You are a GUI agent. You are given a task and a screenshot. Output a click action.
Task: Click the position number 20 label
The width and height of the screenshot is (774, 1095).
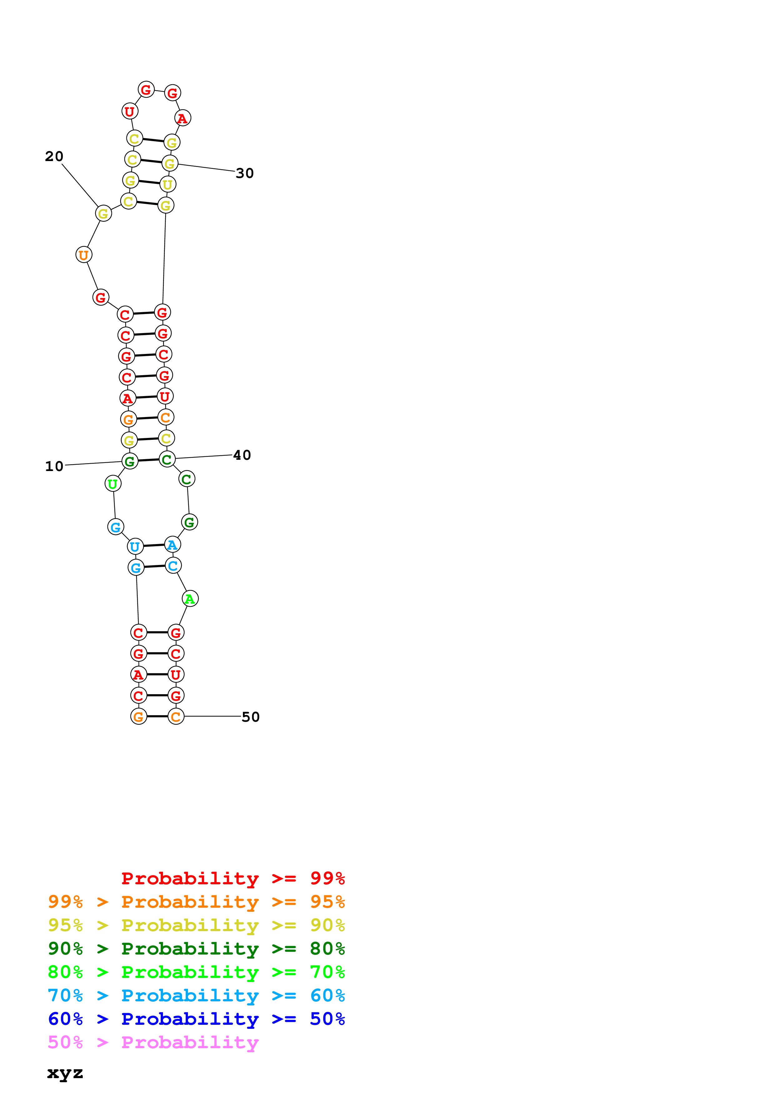click(54, 156)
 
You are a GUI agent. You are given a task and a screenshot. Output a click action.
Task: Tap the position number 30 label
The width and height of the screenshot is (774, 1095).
click(245, 173)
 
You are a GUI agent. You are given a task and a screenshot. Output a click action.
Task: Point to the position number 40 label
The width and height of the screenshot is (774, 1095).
click(242, 455)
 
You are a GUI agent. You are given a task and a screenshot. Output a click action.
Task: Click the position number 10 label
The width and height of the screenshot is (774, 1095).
click(54, 466)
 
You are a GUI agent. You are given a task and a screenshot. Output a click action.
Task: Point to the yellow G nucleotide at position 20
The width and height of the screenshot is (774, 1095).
click(103, 213)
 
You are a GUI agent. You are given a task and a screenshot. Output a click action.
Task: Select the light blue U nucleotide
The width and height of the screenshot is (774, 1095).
click(136, 547)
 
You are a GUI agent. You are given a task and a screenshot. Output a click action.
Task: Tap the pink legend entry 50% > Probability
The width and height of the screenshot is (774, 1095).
click(153, 1043)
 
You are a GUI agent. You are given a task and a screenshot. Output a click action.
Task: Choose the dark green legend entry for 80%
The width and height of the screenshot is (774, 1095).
click(196, 949)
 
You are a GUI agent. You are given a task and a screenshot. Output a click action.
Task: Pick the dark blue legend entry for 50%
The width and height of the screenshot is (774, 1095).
click(196, 1019)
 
